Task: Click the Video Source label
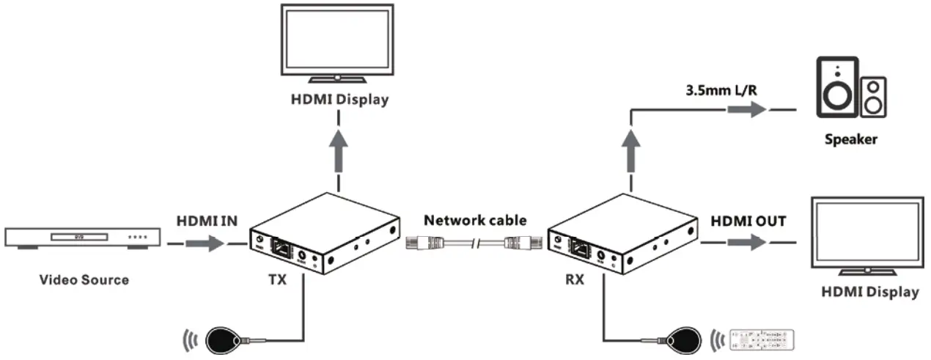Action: [x=84, y=279]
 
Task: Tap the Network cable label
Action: [x=475, y=221]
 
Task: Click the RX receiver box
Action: [x=623, y=235]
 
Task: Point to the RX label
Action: [x=575, y=279]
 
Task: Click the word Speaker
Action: [x=850, y=140]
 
